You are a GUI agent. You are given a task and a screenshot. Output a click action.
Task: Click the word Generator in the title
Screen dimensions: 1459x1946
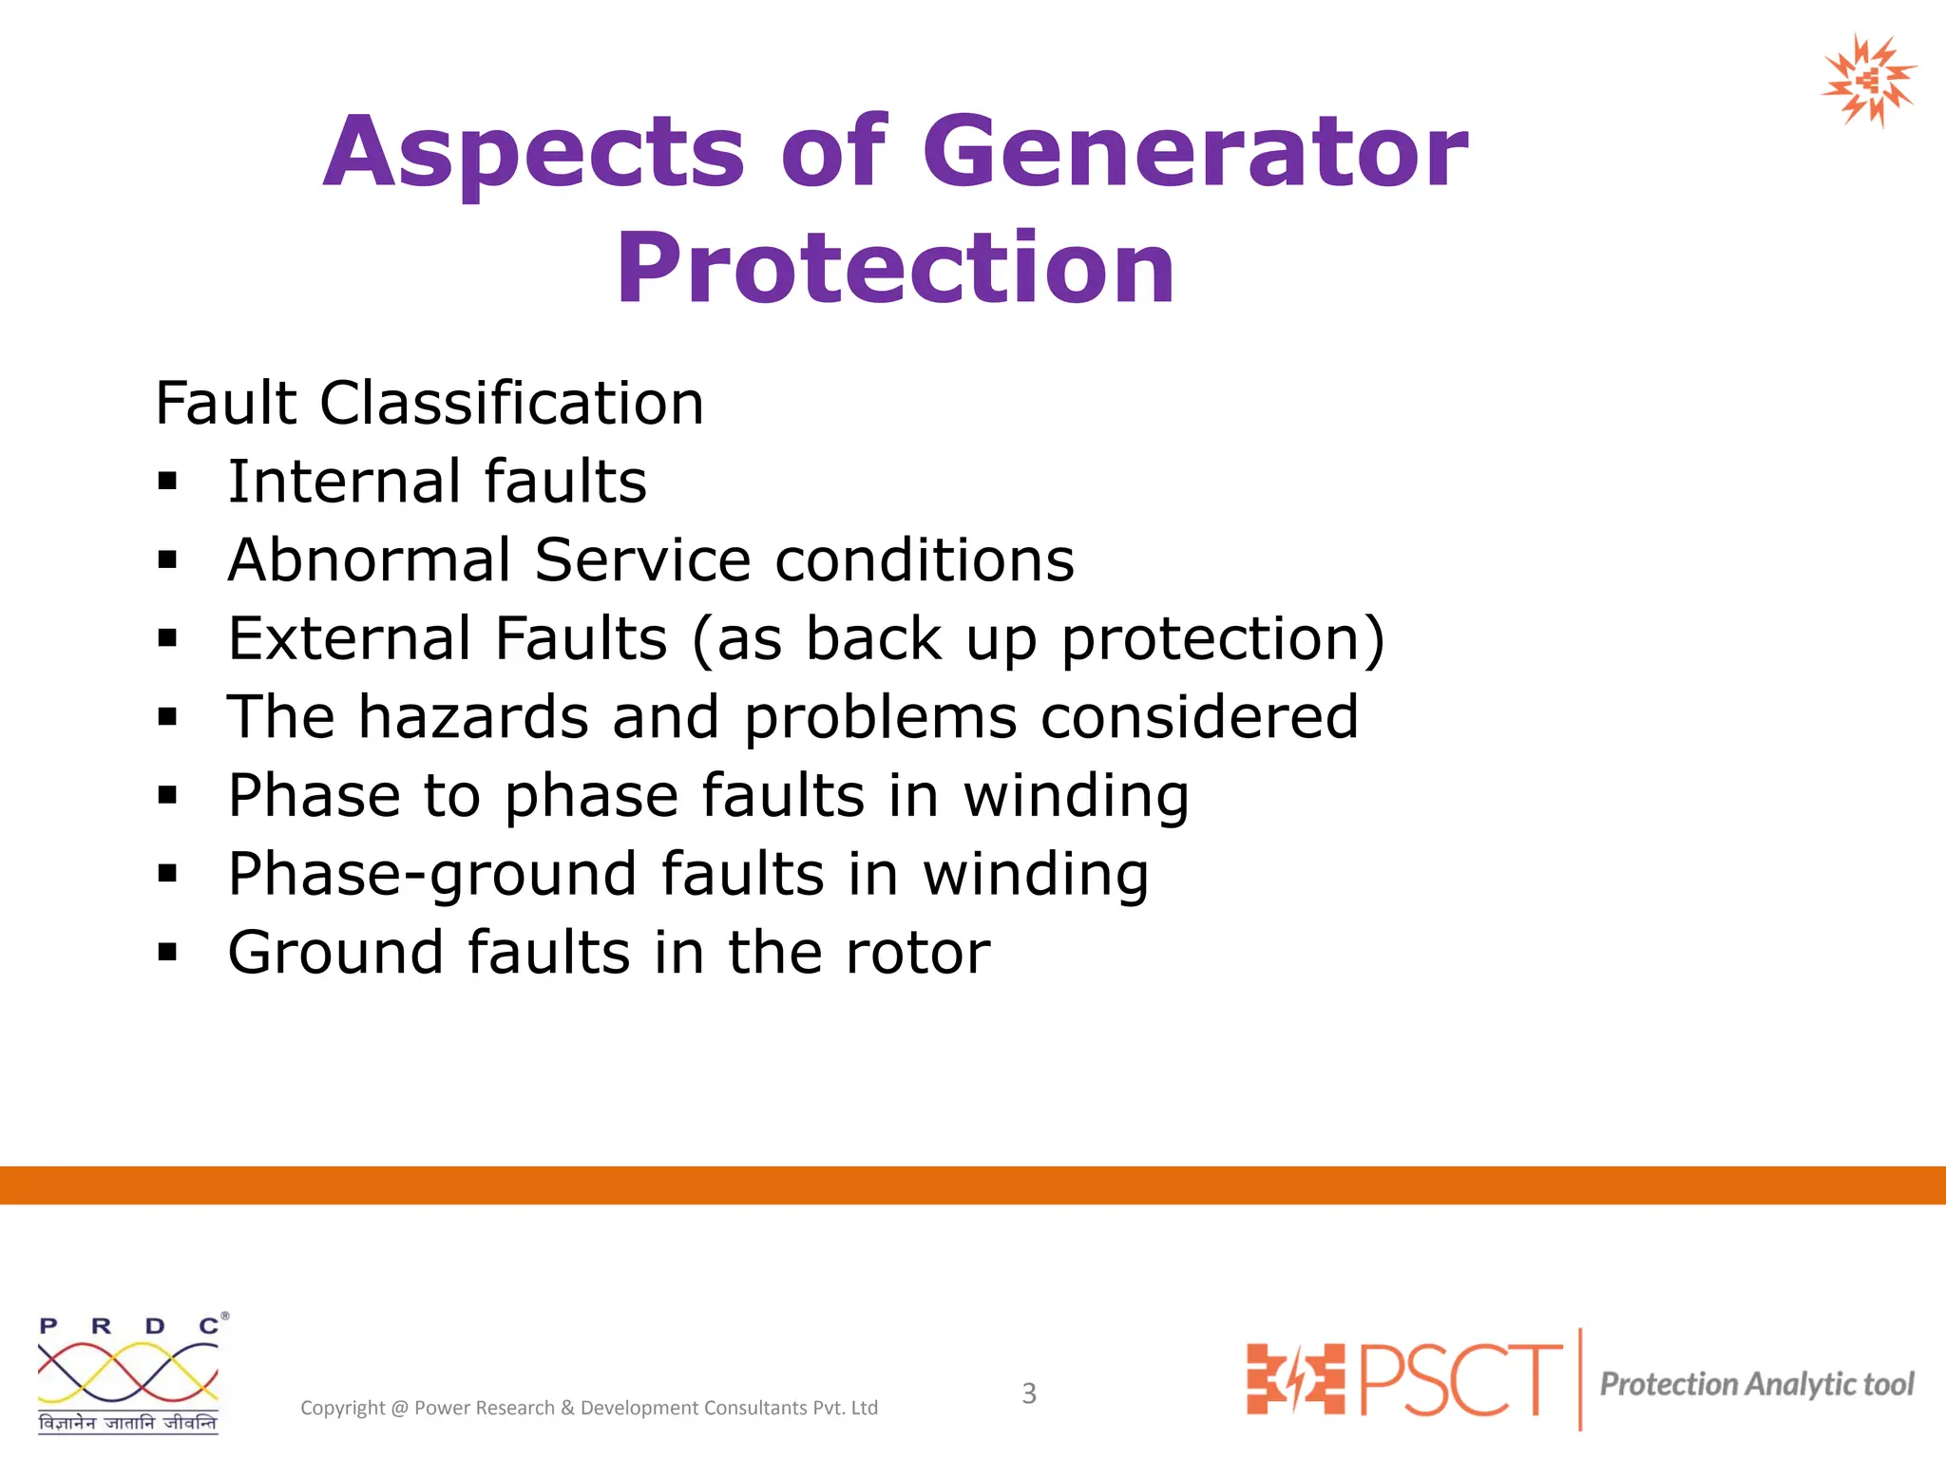(x=1195, y=152)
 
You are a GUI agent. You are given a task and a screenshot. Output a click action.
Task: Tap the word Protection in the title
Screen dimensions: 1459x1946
(x=895, y=269)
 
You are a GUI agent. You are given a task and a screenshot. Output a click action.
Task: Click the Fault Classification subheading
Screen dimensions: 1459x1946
(x=429, y=403)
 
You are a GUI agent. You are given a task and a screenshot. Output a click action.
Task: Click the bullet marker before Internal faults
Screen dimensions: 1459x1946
(x=168, y=483)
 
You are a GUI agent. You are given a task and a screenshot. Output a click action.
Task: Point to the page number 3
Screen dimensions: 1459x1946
(x=1029, y=1393)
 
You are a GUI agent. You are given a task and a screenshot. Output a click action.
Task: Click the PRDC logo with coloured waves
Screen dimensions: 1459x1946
(x=129, y=1374)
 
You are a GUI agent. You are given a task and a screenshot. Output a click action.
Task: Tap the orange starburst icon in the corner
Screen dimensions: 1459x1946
(x=1868, y=82)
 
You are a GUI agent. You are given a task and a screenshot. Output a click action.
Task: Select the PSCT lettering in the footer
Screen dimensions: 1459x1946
(x=1461, y=1379)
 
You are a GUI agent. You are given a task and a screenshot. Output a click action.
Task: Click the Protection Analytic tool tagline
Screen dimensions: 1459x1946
(x=1756, y=1385)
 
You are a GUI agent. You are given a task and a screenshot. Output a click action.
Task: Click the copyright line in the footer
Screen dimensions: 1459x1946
(x=589, y=1408)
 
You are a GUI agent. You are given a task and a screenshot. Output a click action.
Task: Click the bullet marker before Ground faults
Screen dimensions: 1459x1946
(x=168, y=953)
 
